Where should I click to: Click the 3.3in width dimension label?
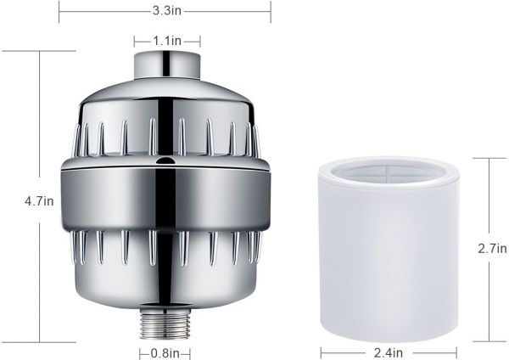click(167, 11)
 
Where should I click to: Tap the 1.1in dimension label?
click(167, 41)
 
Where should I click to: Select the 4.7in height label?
click(39, 201)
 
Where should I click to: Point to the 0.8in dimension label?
click(165, 353)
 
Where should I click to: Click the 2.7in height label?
click(492, 249)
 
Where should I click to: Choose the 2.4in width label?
click(389, 352)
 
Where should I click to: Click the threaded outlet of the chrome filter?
click(165, 323)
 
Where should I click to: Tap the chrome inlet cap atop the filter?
click(167, 65)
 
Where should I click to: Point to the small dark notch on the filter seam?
click(165, 160)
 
